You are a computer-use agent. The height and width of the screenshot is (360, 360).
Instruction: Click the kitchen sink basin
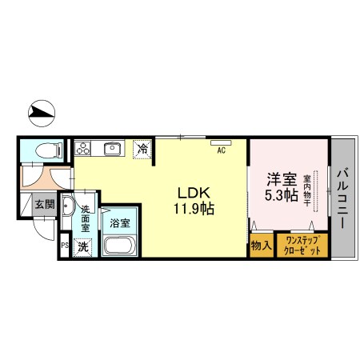click(x=111, y=148)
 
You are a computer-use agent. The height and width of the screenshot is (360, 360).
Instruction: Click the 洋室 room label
click(x=280, y=179)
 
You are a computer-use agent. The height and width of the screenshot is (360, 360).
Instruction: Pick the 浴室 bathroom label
click(x=122, y=223)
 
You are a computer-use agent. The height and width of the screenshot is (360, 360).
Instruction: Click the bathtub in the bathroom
click(x=121, y=243)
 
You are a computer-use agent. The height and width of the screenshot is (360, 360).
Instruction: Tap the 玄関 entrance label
click(x=44, y=205)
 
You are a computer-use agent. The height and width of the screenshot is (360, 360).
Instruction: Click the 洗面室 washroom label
click(x=86, y=218)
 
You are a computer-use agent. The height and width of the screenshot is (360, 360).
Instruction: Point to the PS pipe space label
click(x=65, y=246)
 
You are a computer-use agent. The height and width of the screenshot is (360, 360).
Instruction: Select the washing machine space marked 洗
click(x=84, y=246)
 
